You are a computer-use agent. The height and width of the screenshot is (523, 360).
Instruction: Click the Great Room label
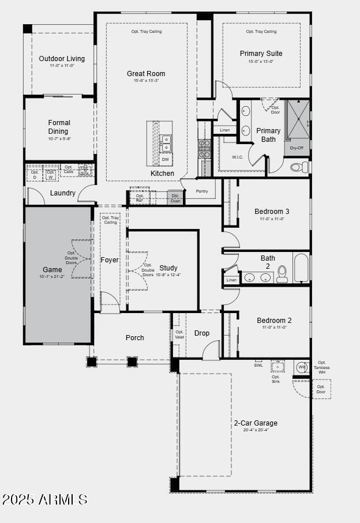point(146,74)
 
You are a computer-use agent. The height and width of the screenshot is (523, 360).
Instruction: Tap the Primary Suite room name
point(261,54)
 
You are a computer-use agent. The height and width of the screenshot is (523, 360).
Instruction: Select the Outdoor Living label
point(62,59)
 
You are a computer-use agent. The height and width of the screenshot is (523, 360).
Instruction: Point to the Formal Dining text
point(59,127)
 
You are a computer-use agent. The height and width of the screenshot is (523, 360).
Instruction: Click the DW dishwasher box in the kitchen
point(166,159)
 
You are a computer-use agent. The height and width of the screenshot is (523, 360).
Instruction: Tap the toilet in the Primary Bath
point(299,167)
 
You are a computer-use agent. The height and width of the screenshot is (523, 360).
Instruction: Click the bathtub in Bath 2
point(301,269)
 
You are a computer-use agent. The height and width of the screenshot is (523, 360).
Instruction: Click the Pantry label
point(202,191)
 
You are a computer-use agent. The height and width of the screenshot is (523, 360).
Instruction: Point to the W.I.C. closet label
point(238,157)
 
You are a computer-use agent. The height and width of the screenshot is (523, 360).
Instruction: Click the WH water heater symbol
point(302,367)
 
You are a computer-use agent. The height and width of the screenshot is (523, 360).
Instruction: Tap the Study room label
point(168,268)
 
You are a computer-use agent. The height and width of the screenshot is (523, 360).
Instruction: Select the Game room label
point(52,270)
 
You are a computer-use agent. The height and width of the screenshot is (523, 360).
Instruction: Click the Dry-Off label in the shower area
point(297,148)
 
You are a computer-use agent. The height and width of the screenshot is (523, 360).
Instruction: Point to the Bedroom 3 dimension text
point(273,219)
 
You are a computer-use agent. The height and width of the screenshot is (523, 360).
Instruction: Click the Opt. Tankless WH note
point(321,367)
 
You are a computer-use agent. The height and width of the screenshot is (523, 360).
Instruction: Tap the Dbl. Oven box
point(175,198)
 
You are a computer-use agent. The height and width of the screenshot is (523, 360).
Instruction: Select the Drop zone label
point(202,333)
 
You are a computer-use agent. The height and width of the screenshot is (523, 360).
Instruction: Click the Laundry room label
point(62,193)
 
